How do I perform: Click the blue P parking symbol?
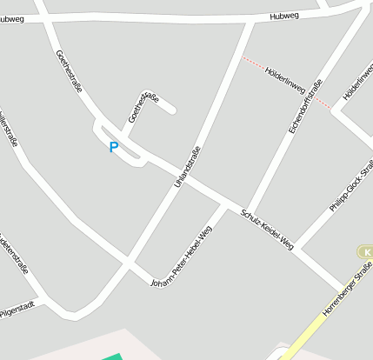[113, 147]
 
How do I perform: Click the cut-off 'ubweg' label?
[12, 18]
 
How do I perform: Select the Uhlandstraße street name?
[187, 168]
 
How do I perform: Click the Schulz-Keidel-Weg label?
[268, 230]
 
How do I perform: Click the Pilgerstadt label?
[17, 308]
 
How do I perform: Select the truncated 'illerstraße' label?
[9, 130]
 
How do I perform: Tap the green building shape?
[113, 357]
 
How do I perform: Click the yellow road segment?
[310, 334]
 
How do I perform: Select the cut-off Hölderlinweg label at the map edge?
[356, 81]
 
